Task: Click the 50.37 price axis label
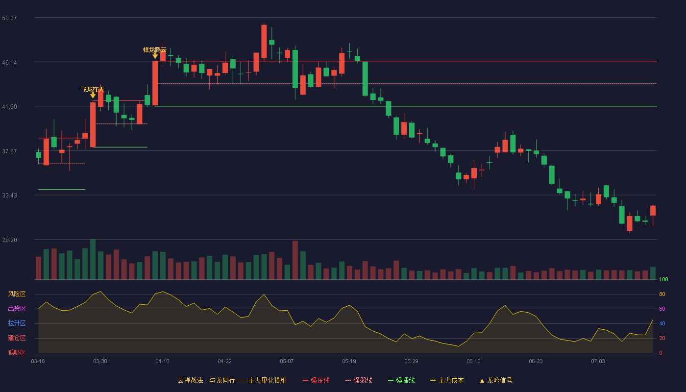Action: point(9,18)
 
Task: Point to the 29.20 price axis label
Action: point(9,240)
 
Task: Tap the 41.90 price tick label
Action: point(9,107)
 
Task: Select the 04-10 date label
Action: point(162,362)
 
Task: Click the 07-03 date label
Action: point(598,362)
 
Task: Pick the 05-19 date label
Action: point(349,362)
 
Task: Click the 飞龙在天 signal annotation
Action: point(93,89)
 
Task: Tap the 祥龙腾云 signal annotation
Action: point(155,50)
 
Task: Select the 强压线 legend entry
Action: point(316,380)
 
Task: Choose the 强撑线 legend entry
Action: point(401,380)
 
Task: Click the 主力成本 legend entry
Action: point(447,380)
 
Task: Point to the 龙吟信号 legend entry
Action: point(496,380)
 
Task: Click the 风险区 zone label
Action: point(17,294)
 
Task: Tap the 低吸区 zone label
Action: point(17,353)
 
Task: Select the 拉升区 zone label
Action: point(17,323)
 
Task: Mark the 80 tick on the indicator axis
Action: point(662,294)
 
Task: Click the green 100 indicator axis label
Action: point(663,279)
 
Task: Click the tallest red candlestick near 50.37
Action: point(264,41)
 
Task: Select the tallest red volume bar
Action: point(295,260)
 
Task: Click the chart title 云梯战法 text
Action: point(191,380)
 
